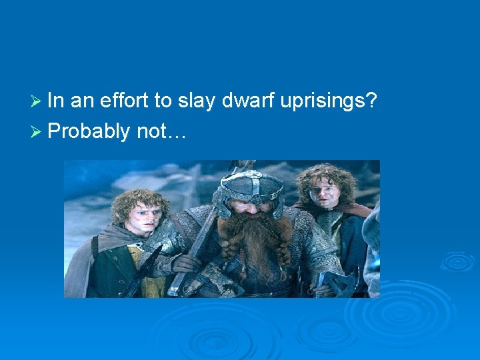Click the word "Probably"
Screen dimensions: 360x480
pyautogui.click(x=89, y=132)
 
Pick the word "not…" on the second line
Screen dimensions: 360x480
pyautogui.click(x=162, y=132)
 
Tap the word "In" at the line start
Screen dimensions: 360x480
pyautogui.click(x=56, y=101)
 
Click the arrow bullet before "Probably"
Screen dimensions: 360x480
pyautogui.click(x=38, y=132)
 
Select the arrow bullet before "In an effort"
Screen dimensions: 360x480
pyautogui.click(x=38, y=101)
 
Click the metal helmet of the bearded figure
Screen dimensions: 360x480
pyautogui.click(x=252, y=186)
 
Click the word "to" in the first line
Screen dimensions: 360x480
pyautogui.click(x=163, y=102)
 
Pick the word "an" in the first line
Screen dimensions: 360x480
pyautogui.click(x=82, y=102)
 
